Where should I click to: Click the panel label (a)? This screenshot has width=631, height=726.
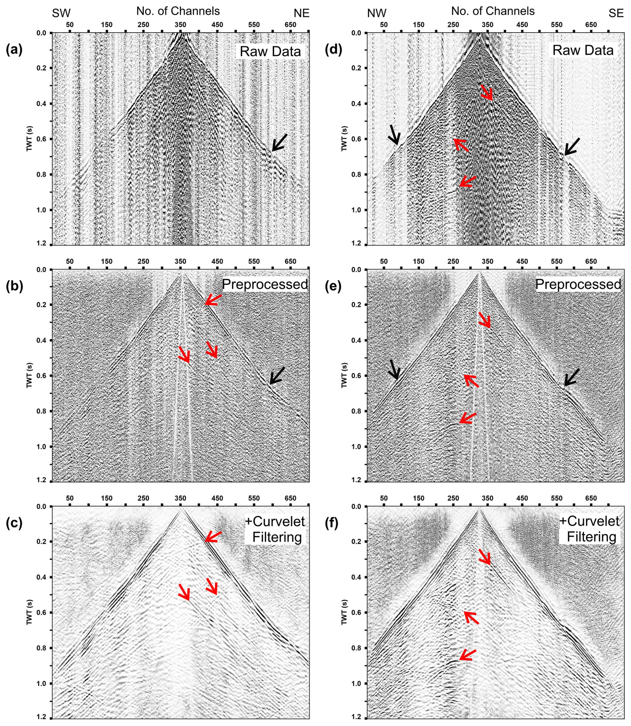pos(14,50)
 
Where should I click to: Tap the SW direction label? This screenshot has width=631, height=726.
pos(61,13)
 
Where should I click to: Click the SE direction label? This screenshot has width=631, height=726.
pos(616,13)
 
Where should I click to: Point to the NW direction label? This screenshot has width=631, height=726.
pos(377,13)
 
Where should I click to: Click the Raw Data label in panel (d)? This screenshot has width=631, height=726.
pos(583,50)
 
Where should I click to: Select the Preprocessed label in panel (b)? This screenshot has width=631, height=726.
pos(265,284)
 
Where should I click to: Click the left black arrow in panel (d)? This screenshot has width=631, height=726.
pos(394,134)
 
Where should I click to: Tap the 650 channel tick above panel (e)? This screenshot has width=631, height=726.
pos(591,261)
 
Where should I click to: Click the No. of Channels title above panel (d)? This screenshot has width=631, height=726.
pos(493,11)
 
